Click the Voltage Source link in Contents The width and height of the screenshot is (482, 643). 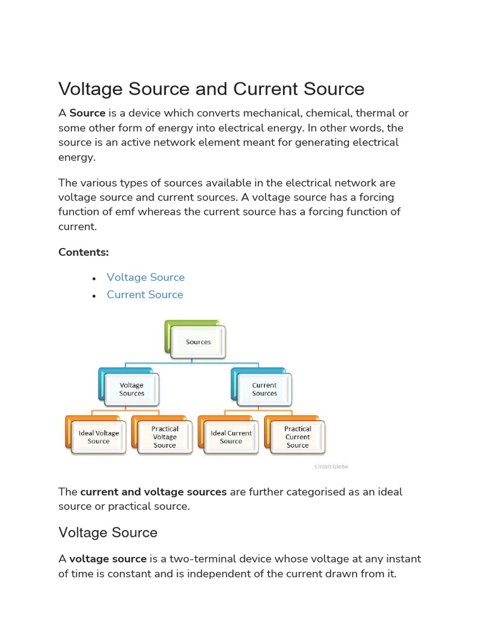point(146,278)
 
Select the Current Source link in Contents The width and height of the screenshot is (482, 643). point(145,294)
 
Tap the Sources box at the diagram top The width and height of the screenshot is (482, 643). point(198,342)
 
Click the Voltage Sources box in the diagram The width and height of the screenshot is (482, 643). point(132,389)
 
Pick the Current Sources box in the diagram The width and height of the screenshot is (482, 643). point(264,389)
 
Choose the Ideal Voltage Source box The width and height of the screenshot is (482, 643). point(99,437)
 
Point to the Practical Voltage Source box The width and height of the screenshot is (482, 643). point(164,437)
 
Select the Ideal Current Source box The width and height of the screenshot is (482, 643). point(231,437)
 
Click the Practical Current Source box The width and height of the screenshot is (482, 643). point(297,437)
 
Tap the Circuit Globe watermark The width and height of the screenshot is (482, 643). point(331,467)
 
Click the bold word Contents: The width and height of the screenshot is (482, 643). point(83,252)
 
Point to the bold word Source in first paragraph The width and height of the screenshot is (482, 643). point(87,114)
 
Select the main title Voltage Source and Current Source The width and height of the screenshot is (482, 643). point(212,89)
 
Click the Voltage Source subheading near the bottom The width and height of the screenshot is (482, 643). point(108,532)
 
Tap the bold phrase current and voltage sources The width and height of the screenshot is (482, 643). point(154,492)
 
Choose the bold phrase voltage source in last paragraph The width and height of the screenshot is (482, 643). point(108,559)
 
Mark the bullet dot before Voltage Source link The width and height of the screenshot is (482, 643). point(94,278)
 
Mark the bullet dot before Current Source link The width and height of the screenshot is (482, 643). point(94,295)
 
